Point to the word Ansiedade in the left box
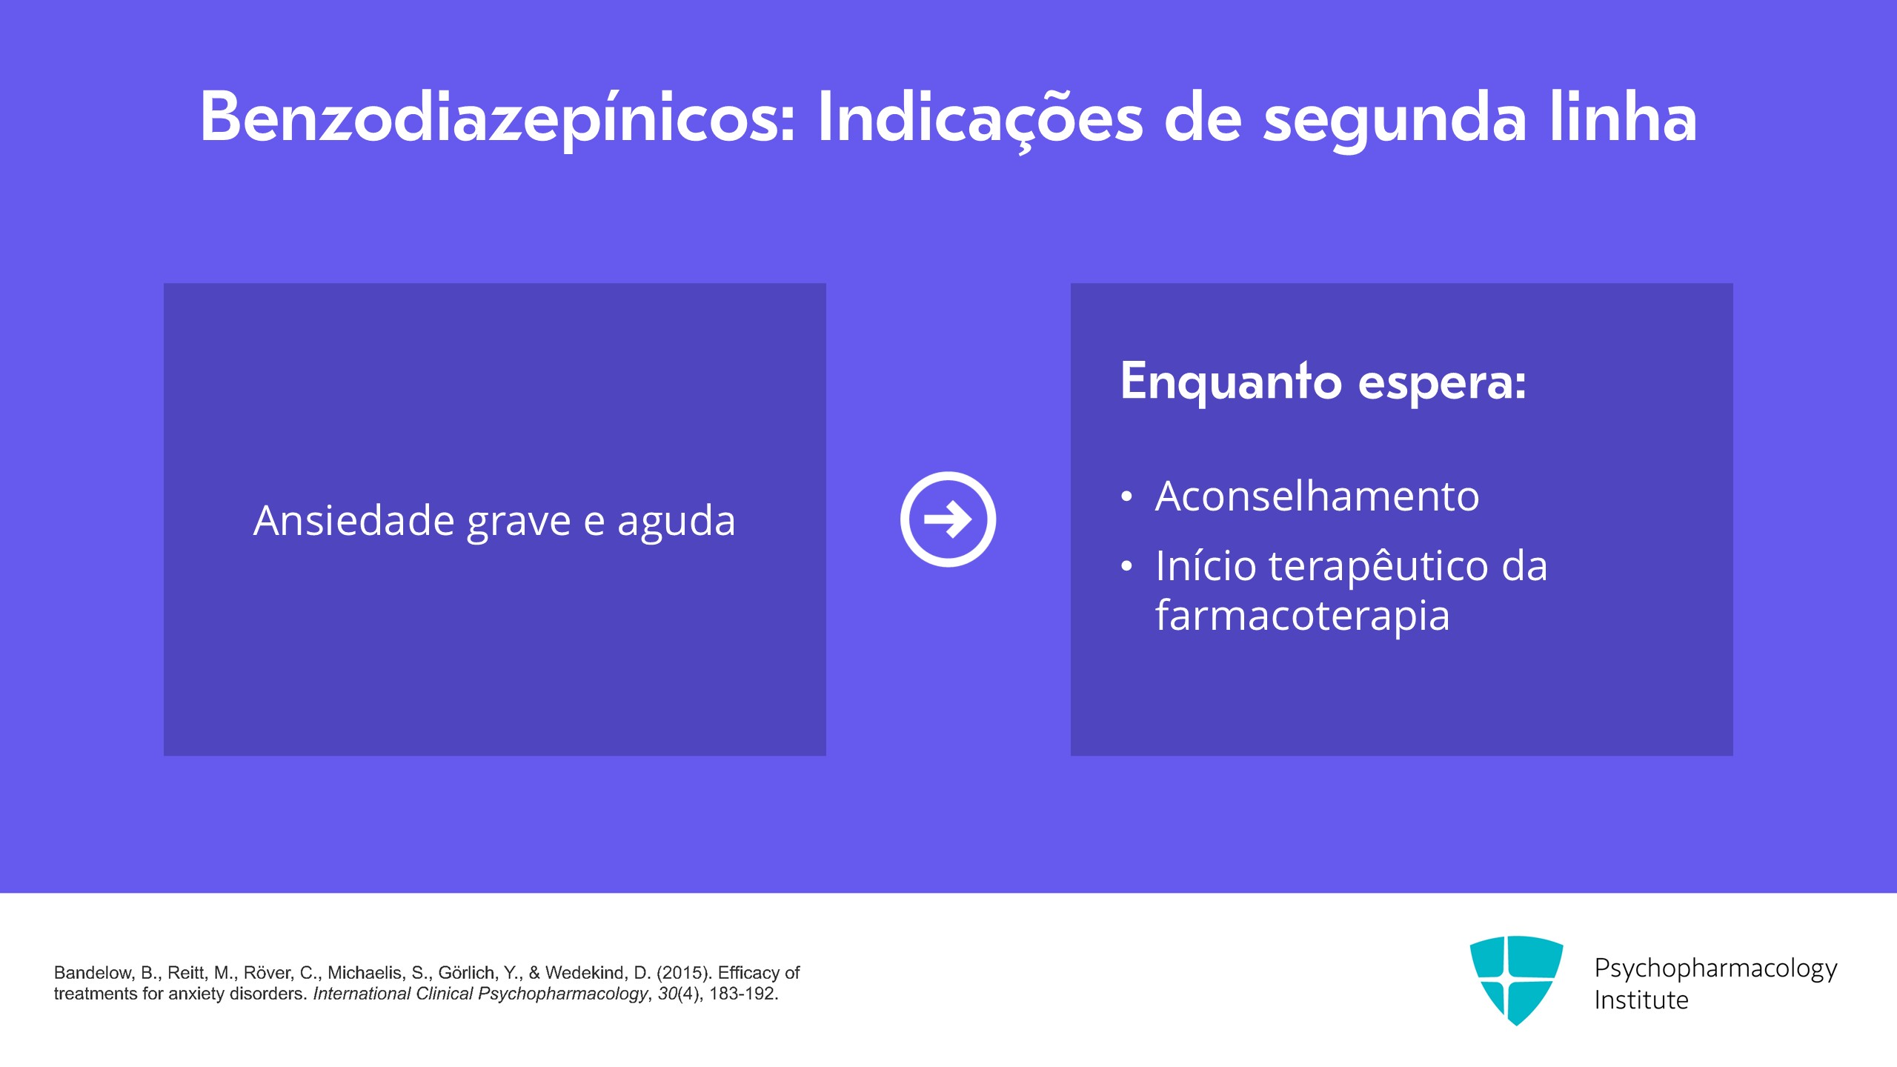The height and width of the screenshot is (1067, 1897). coord(353,520)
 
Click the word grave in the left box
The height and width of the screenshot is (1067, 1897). coord(519,522)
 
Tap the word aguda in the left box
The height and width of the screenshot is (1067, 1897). coord(676,522)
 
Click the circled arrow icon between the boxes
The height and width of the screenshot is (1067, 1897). coord(948,519)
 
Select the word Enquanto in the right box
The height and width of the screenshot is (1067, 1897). coord(1231,382)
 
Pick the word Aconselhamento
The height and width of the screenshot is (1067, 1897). coord(1317,496)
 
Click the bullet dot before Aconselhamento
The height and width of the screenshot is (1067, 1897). coord(1126,496)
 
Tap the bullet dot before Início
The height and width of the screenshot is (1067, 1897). coord(1126,567)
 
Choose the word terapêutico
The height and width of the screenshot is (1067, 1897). coord(1378,566)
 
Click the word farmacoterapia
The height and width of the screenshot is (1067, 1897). coord(1302,615)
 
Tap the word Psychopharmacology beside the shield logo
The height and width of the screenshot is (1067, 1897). coord(1715,968)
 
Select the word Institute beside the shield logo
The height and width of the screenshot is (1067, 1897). coord(1641,1000)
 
